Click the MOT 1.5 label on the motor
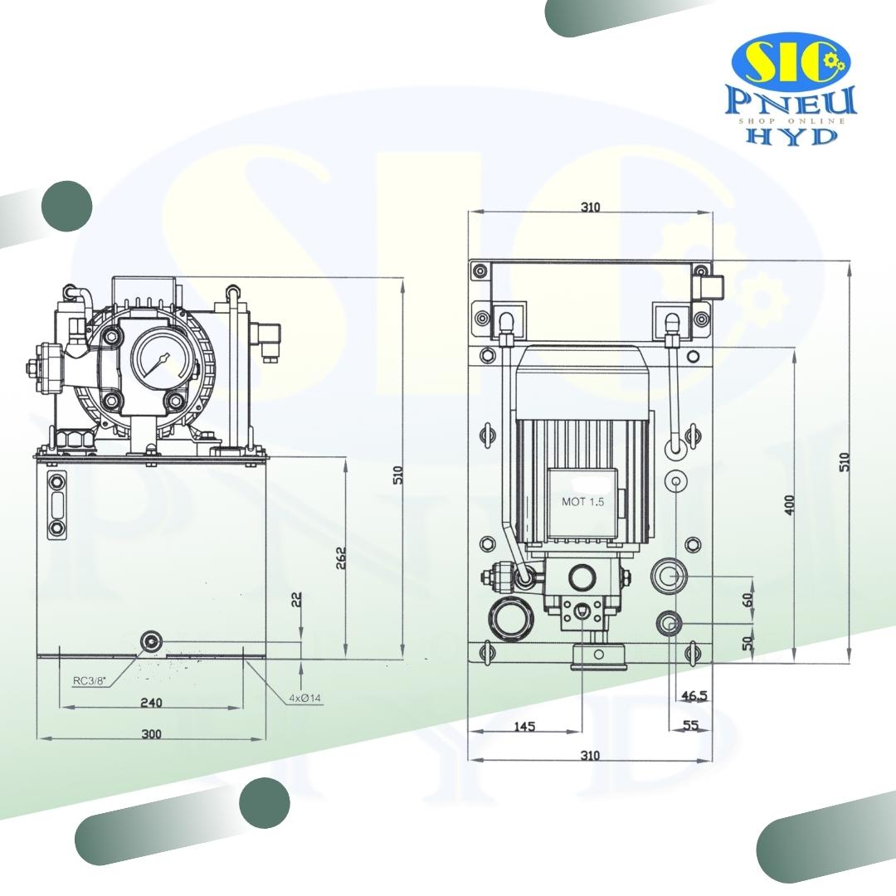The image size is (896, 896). click(x=583, y=502)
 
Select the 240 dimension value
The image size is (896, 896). click(x=151, y=703)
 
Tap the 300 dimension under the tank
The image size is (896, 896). click(x=151, y=733)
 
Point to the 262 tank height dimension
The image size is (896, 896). click(x=340, y=558)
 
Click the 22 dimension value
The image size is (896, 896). click(x=297, y=600)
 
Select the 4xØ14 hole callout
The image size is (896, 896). click(x=304, y=698)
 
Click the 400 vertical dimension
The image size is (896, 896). click(x=789, y=504)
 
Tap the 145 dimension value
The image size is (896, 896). click(x=524, y=726)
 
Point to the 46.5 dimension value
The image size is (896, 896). click(x=694, y=696)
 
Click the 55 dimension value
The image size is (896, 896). click(x=690, y=725)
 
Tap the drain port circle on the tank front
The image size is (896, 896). click(x=151, y=640)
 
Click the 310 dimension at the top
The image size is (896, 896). click(x=590, y=207)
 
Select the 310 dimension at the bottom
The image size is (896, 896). click(x=590, y=755)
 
